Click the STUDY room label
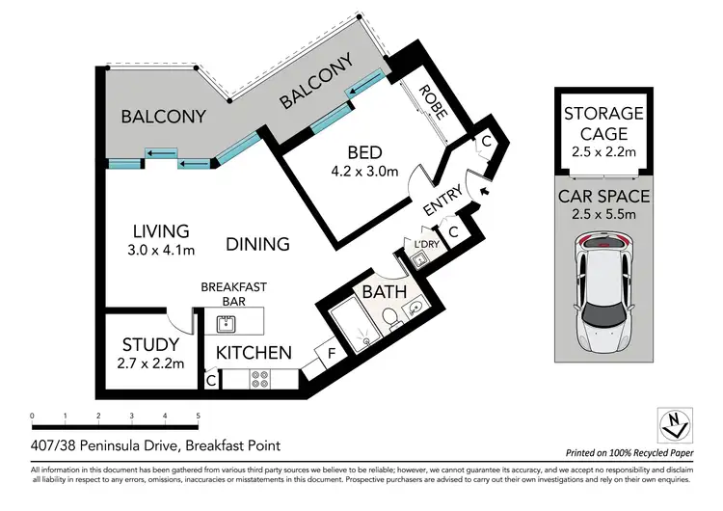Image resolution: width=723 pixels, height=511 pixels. click(150, 344)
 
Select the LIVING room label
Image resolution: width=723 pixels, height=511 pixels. click(160, 231)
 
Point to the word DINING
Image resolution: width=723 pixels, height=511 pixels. click(257, 244)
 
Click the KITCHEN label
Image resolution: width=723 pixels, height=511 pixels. click(254, 353)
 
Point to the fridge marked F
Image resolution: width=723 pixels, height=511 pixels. click(332, 354)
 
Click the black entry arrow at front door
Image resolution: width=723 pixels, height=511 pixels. click(485, 192)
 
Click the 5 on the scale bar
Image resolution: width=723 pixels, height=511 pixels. click(198, 417)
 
